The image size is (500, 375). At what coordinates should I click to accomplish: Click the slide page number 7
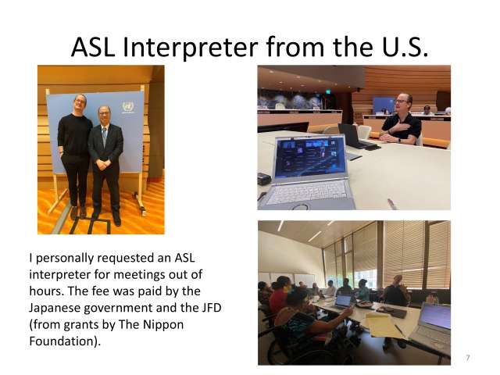click(x=467, y=357)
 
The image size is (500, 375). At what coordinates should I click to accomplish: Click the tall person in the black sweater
click(x=76, y=152)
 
